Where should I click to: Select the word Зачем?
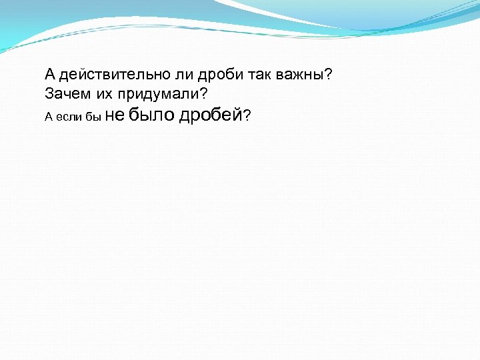[65, 93]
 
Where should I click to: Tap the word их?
[99, 93]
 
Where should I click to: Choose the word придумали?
[154, 94]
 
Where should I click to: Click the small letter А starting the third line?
[48, 117]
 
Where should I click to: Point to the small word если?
[69, 117]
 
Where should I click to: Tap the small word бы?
[93, 117]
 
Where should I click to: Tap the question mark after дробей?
[247, 116]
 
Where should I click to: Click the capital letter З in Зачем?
[49, 93]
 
